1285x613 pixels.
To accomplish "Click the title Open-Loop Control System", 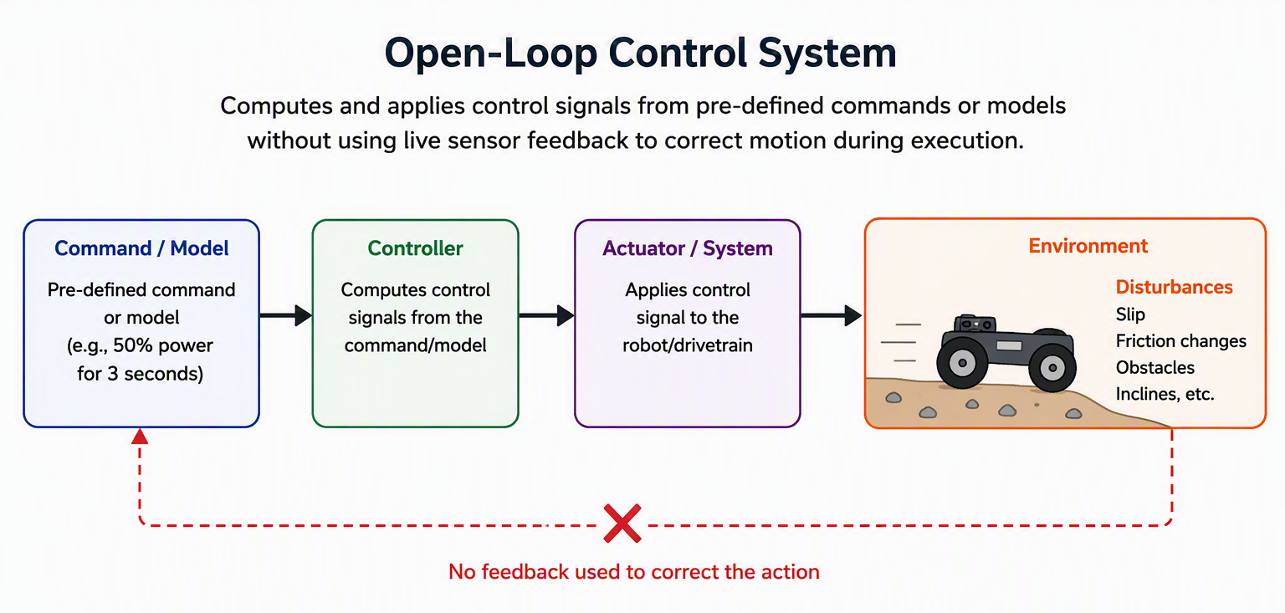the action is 640,54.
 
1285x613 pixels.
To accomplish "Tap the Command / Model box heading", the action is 141,248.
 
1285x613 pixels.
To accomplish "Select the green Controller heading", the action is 415,248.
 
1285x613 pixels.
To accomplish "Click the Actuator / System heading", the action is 687,249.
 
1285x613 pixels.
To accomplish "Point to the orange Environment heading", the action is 1088,246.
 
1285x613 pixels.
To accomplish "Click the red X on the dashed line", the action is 622,524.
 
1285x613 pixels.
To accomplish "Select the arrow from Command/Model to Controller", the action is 285,315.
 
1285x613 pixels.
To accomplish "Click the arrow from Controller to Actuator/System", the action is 546,315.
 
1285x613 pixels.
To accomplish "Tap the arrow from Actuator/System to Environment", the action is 832,315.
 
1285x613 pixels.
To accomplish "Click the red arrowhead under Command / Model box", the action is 140,437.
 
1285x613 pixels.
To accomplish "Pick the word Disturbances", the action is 1174,287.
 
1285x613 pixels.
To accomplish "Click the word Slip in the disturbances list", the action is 1130,314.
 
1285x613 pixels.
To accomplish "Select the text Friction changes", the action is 1180,341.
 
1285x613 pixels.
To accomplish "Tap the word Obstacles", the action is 1154,368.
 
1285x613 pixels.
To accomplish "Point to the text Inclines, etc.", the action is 1165,394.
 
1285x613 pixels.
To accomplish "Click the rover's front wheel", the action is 1052,367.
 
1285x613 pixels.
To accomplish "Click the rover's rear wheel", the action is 962,362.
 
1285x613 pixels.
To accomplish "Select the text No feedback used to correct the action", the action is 634,572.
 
